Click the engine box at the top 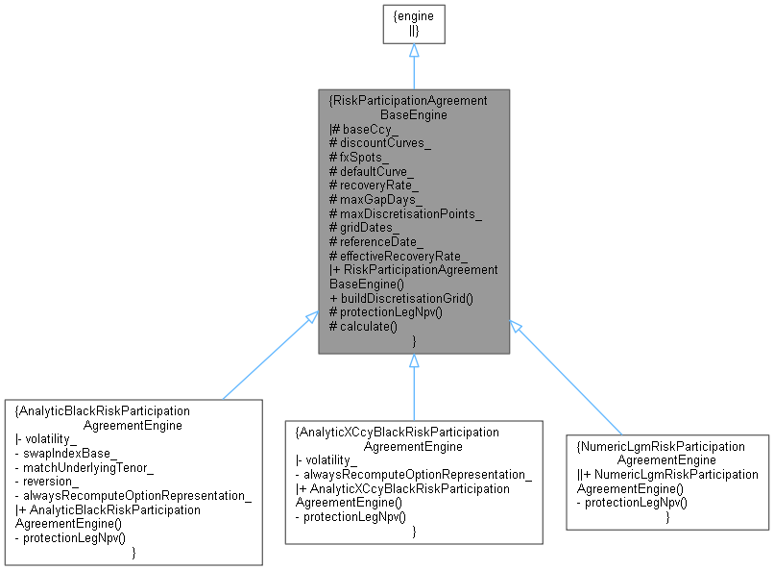(x=414, y=22)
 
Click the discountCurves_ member (x=379, y=142)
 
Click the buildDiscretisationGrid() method (x=400, y=298)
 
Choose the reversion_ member (x=51, y=481)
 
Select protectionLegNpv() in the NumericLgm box (x=631, y=503)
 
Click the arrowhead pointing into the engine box (x=414, y=50)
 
